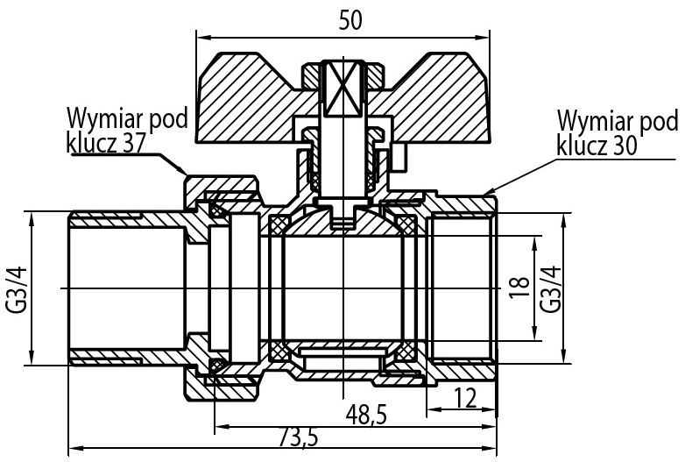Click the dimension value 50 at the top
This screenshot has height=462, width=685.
pyautogui.click(x=350, y=20)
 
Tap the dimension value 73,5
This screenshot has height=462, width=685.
pyautogui.click(x=299, y=437)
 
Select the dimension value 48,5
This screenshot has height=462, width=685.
pyautogui.click(x=366, y=415)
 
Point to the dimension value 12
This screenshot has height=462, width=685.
pyautogui.click(x=465, y=398)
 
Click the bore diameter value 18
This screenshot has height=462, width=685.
pyautogui.click(x=519, y=288)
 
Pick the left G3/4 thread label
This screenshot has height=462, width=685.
pyautogui.click(x=17, y=289)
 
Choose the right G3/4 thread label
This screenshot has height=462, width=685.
pyautogui.click(x=550, y=288)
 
